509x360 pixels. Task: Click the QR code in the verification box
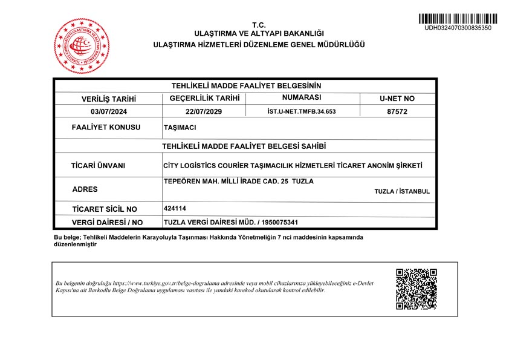click(416, 289)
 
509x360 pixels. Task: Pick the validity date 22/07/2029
click(205, 111)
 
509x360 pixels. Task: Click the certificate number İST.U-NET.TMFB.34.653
click(301, 111)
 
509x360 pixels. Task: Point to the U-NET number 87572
click(397, 111)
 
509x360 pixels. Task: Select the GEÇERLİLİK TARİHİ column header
click(205, 98)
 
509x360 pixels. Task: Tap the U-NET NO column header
click(397, 98)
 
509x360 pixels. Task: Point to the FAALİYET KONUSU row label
click(106, 128)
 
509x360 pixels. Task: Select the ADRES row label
click(85, 189)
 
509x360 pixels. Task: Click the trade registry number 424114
click(175, 208)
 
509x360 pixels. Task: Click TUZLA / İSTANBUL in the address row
click(402, 191)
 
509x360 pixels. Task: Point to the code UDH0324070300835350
click(458, 28)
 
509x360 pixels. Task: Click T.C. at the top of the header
click(259, 25)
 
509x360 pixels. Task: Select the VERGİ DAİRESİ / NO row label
click(107, 223)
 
